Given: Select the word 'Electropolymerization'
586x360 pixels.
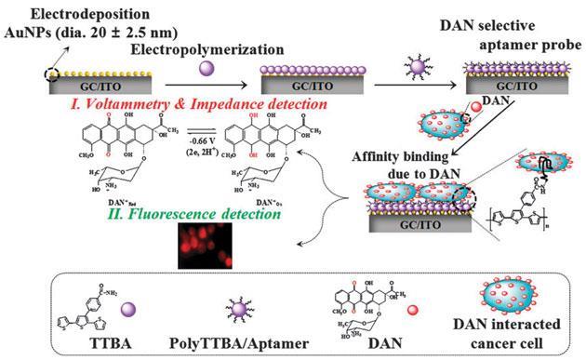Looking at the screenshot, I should [x=198, y=47].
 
